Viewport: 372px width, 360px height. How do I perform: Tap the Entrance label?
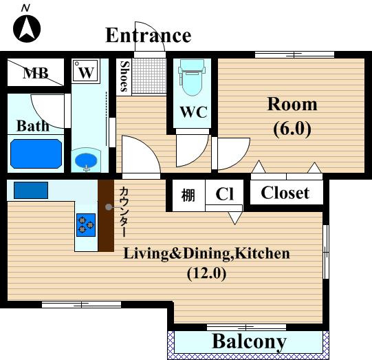[x=149, y=35]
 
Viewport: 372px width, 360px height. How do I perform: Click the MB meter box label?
[x=36, y=73]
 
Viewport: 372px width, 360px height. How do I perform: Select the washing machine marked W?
[x=85, y=71]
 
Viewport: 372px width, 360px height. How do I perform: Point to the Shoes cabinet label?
[x=124, y=76]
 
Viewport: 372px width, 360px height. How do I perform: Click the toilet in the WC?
[x=192, y=77]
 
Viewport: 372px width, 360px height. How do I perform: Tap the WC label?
[x=194, y=112]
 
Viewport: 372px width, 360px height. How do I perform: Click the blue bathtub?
[x=36, y=153]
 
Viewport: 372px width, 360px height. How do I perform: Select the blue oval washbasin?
[x=86, y=160]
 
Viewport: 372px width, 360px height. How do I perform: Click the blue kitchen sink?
[x=31, y=190]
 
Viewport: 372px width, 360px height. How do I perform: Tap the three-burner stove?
[x=86, y=225]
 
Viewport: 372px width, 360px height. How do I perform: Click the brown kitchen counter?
[x=107, y=215]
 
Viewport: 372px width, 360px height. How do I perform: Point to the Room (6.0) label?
[x=292, y=116]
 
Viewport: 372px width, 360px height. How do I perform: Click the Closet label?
[x=285, y=193]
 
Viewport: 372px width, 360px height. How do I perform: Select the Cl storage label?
[x=224, y=194]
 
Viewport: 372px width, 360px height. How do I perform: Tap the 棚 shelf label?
[x=188, y=195]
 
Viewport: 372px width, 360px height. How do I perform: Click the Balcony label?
[x=249, y=341]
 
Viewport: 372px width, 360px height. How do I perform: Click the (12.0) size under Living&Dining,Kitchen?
[x=207, y=273]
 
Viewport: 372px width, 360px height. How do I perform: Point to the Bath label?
[x=33, y=125]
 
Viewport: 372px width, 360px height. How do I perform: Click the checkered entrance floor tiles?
[x=149, y=76]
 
